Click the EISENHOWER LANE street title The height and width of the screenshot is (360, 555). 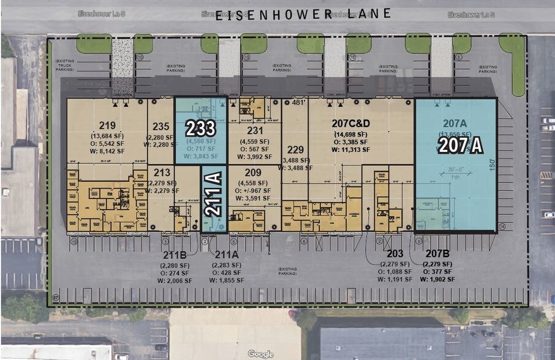(303, 15)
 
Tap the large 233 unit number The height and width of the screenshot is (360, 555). (200, 129)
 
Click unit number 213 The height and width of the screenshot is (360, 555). (162, 173)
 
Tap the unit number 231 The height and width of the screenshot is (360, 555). (255, 130)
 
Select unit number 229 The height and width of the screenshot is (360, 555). (295, 149)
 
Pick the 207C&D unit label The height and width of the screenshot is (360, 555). (350, 125)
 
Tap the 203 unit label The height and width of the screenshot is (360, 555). (395, 253)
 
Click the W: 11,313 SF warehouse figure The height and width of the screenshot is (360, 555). (350, 149)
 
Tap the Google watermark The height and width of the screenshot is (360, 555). (260, 354)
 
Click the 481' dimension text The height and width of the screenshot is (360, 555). (298, 103)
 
